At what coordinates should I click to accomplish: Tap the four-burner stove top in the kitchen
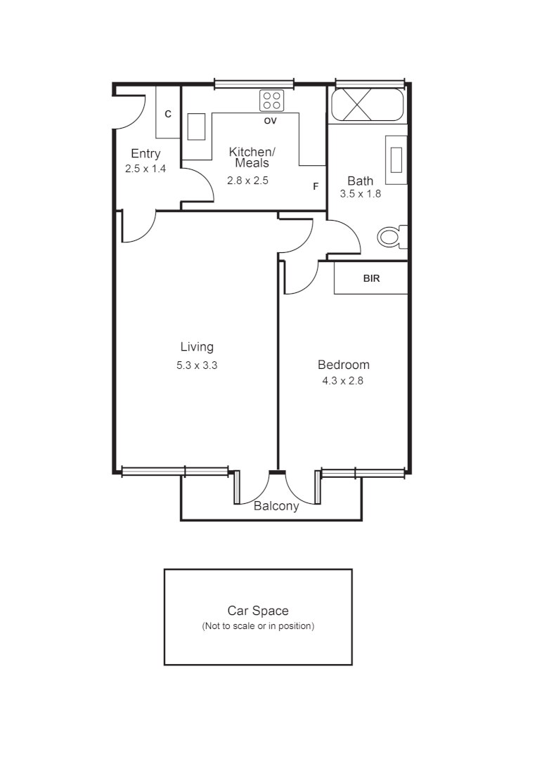(271, 100)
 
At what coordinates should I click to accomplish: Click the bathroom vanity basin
(396, 160)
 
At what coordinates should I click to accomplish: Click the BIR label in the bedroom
(371, 278)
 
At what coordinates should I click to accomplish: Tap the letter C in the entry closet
(168, 114)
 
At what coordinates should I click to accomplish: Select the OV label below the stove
(270, 121)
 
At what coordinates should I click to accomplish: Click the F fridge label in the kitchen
(316, 186)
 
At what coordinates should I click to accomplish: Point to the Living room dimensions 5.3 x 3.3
(197, 365)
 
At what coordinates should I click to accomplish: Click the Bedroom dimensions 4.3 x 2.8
(342, 381)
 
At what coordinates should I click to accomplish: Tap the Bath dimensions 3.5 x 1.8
(360, 194)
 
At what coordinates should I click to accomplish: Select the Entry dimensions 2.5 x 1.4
(145, 169)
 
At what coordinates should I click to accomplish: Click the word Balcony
(276, 506)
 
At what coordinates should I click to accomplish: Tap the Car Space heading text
(258, 611)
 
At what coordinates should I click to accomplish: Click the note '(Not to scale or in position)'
(258, 625)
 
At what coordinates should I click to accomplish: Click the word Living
(197, 346)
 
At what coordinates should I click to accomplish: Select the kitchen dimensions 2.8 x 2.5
(247, 180)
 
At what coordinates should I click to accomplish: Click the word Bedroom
(343, 365)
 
